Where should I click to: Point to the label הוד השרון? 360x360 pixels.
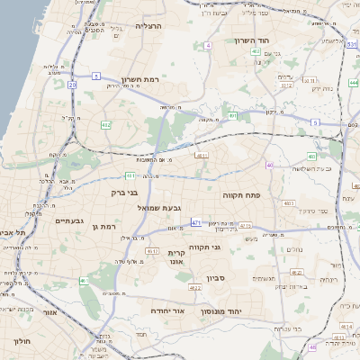pos(253,40)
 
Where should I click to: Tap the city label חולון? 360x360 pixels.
pos(22,341)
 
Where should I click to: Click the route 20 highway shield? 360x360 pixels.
pos(72,85)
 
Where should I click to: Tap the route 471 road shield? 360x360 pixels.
pos(196,221)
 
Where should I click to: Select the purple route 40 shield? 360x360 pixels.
pos(270,165)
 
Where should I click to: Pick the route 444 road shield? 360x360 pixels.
pos(353,83)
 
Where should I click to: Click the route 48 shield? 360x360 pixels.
pos(312,346)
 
